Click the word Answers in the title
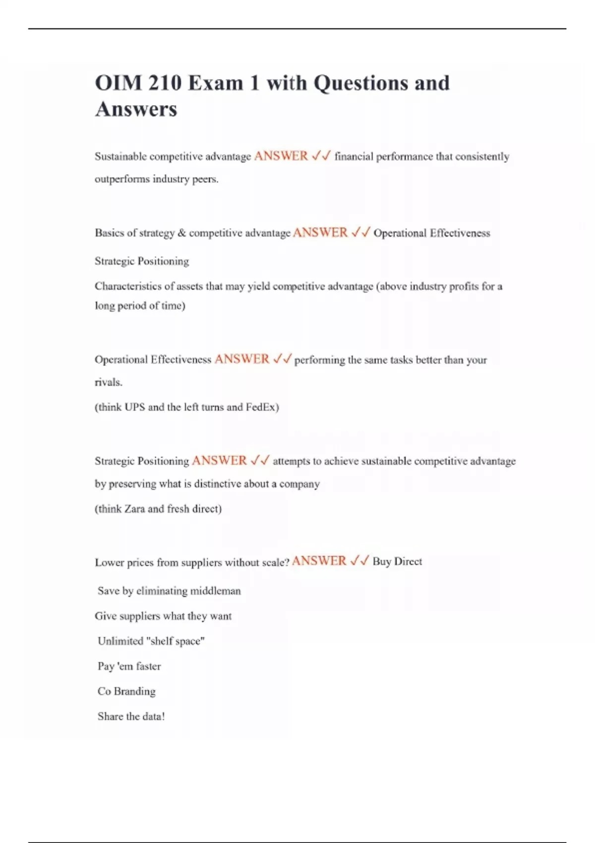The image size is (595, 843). [136, 109]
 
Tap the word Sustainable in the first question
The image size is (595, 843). [120, 157]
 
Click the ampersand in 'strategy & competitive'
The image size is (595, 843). [181, 233]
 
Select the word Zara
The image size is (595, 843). [134, 509]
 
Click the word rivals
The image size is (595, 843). [108, 382]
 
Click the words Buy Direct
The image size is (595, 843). [397, 561]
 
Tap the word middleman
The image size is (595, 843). [216, 591]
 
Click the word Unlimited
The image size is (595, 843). [120, 641]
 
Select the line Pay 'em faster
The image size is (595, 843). [129, 666]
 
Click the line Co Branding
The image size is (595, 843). [126, 691]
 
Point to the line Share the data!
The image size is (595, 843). [131, 717]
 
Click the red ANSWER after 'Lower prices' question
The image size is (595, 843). [319, 561]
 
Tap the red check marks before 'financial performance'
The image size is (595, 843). [321, 156]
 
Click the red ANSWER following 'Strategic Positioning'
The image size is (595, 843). [219, 461]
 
